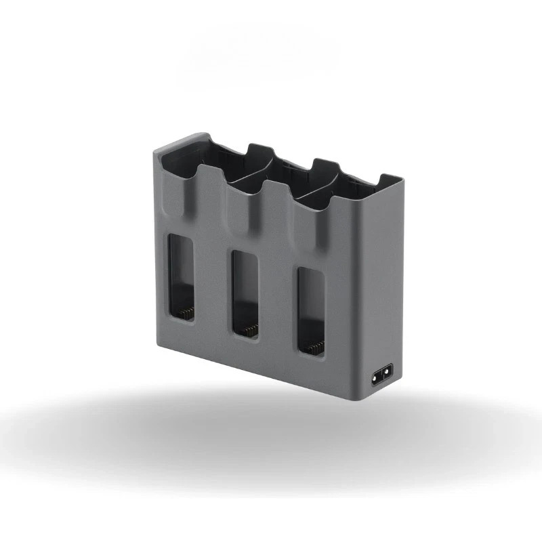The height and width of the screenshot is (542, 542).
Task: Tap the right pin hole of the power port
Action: (388, 373)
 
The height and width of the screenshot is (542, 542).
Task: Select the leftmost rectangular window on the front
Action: (182, 278)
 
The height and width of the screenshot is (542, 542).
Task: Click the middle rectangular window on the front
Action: (245, 294)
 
